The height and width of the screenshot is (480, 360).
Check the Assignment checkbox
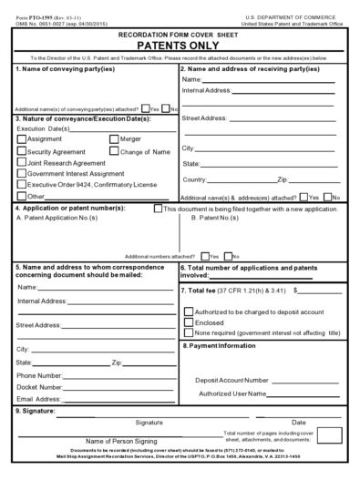point(22,139)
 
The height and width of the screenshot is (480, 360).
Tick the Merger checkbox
point(114,139)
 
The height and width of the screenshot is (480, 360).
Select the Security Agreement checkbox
point(22,151)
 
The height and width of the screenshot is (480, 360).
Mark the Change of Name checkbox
point(114,151)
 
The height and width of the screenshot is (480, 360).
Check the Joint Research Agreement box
point(22,163)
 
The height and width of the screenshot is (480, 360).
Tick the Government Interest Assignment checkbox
point(22,174)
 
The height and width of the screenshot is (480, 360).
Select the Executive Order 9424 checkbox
point(22,185)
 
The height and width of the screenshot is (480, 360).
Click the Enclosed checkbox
point(189,322)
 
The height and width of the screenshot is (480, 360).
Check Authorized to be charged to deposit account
point(189,311)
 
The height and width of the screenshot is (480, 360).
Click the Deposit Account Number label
point(231,380)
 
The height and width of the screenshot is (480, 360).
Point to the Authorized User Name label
point(231,393)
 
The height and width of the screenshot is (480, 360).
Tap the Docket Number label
point(38,387)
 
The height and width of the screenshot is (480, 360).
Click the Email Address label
point(37,399)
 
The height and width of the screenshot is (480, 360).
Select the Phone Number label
point(38,375)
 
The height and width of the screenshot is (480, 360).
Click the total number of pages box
point(329,436)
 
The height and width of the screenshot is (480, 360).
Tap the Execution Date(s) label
point(43,128)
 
